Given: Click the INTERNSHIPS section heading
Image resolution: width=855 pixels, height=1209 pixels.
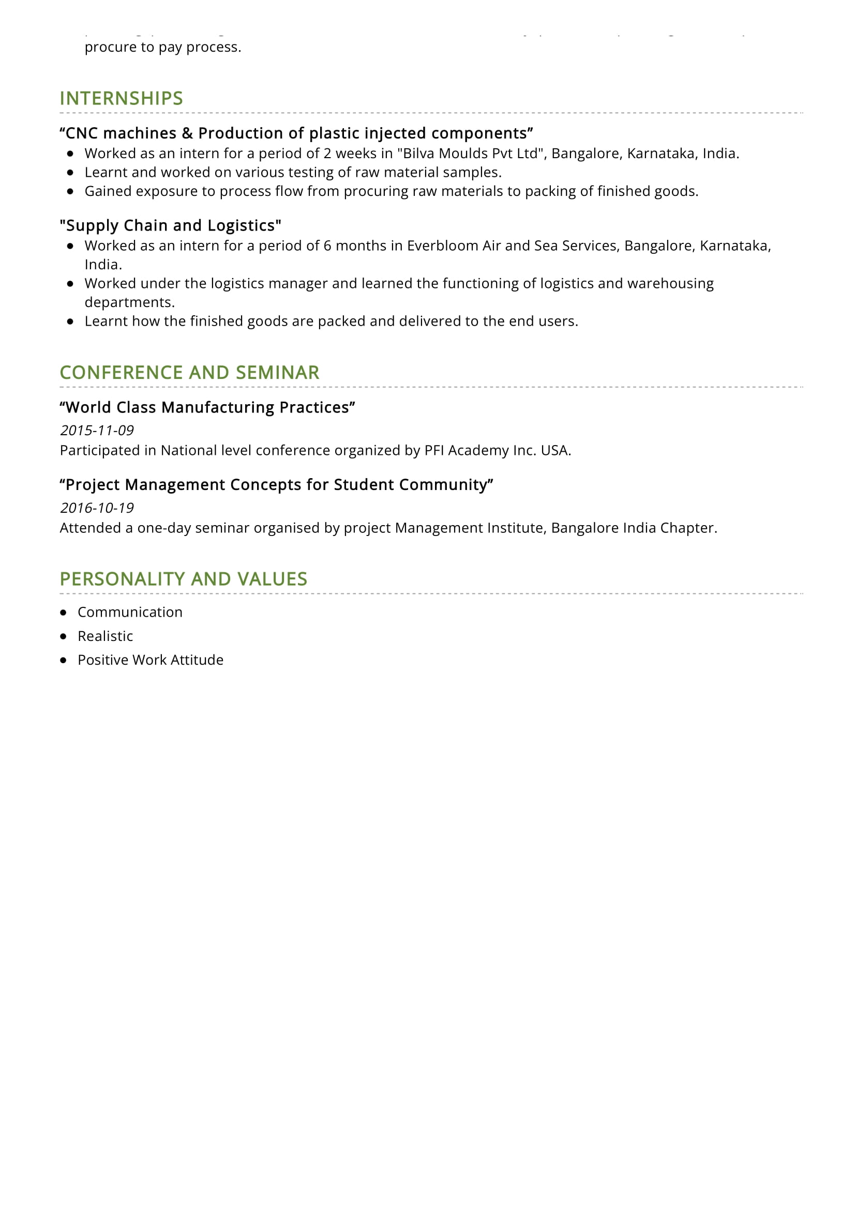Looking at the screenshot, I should pyautogui.click(x=121, y=99).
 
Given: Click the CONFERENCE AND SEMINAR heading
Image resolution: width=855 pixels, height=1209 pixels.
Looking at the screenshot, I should pyautogui.click(x=189, y=373).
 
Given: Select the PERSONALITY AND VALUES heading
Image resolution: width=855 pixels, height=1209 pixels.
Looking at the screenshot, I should pyautogui.click(x=183, y=579).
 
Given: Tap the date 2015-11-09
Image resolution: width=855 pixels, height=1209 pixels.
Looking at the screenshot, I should pyautogui.click(x=97, y=431).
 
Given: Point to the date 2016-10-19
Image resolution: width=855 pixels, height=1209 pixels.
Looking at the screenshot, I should pyautogui.click(x=97, y=508).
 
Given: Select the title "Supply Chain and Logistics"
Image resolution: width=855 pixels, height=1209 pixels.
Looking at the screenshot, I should pyautogui.click(x=170, y=226).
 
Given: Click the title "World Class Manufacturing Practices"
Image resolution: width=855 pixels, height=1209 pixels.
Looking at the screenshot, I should pyautogui.click(x=207, y=407).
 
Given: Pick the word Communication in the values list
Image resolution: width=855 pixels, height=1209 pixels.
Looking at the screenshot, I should pyautogui.click(x=130, y=613).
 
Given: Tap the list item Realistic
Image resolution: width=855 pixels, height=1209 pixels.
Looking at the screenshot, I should pyautogui.click(x=106, y=637).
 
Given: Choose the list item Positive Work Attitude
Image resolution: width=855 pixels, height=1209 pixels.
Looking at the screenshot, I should pyautogui.click(x=151, y=660).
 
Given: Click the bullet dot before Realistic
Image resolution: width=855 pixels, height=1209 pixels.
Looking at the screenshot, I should pyautogui.click(x=64, y=637).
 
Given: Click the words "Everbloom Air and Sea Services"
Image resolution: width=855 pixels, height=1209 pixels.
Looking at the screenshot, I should pyautogui.click(x=513, y=246).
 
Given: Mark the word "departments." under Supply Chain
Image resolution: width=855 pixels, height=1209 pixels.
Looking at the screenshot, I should pyautogui.click(x=130, y=303).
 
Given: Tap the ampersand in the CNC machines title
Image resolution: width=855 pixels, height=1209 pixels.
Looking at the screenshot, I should pyautogui.click(x=187, y=134).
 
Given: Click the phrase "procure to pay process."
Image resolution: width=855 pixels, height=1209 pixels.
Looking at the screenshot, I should pyautogui.click(x=163, y=48).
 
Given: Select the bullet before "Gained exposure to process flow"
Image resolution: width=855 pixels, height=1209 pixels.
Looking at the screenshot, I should pyautogui.click(x=70, y=192).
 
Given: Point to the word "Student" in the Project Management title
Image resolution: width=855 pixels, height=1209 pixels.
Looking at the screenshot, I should pyautogui.click(x=364, y=485).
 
